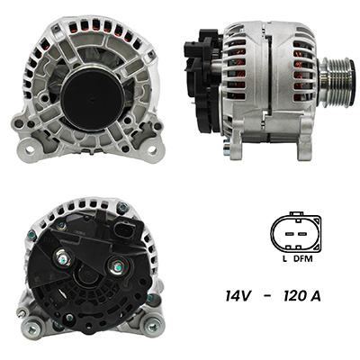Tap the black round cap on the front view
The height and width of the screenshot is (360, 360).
pyautogui.click(x=93, y=99)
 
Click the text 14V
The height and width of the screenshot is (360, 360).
pyautogui.click(x=238, y=296)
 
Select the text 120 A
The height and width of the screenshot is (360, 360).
pyautogui.click(x=302, y=296)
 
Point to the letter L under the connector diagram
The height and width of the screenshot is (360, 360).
pyautogui.click(x=284, y=258)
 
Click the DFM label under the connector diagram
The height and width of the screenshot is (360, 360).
pyautogui.click(x=302, y=258)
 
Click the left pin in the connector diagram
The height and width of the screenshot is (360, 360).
pyautogui.click(x=290, y=233)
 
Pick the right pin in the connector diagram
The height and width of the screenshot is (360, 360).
pyautogui.click(x=302, y=233)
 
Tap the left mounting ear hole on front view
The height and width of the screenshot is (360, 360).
pyautogui.click(x=30, y=149)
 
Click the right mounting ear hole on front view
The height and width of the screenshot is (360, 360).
pyautogui.click(x=152, y=149)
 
